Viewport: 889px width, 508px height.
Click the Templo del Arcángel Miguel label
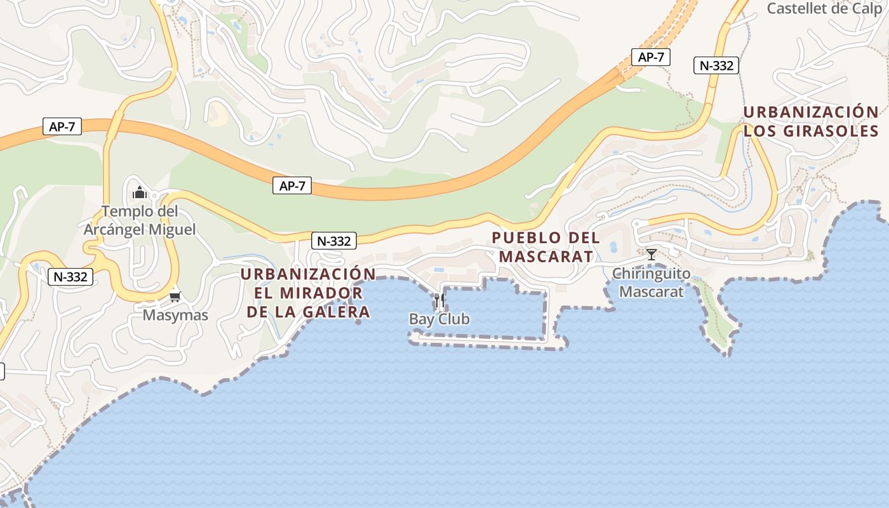tap(140, 220)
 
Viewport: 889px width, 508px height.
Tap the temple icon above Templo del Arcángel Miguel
tap(139, 192)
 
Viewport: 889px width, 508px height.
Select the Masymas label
tap(175, 315)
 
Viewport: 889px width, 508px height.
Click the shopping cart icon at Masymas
tap(175, 297)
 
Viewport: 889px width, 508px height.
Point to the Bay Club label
tap(439, 319)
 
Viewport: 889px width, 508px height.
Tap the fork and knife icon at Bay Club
tap(439, 300)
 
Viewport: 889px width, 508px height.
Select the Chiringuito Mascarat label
tap(651, 283)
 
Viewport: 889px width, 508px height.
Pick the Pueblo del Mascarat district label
tap(546, 247)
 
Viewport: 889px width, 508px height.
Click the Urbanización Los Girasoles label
tap(811, 121)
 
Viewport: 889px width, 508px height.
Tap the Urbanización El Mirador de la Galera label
tap(308, 293)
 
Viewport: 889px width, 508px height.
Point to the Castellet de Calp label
tap(824, 9)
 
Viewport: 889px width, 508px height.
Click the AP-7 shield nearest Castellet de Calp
tap(651, 57)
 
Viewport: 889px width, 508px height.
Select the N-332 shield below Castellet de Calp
tap(716, 65)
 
